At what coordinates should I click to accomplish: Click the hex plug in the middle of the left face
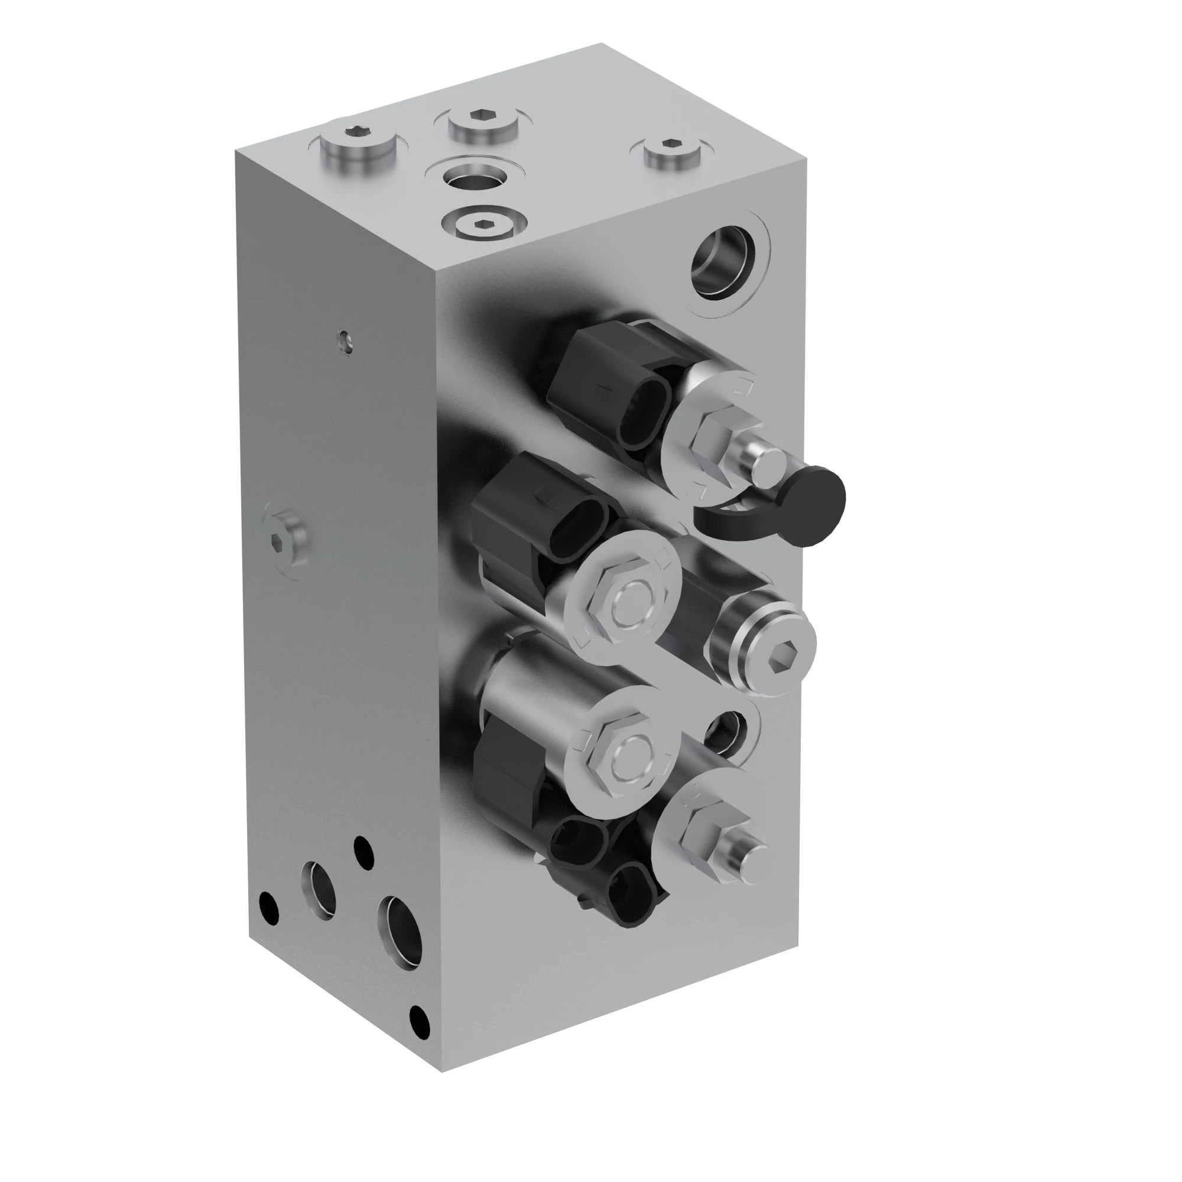point(285,539)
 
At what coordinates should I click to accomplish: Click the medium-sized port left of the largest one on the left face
point(319,890)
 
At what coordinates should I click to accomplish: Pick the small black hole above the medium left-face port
point(363,852)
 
